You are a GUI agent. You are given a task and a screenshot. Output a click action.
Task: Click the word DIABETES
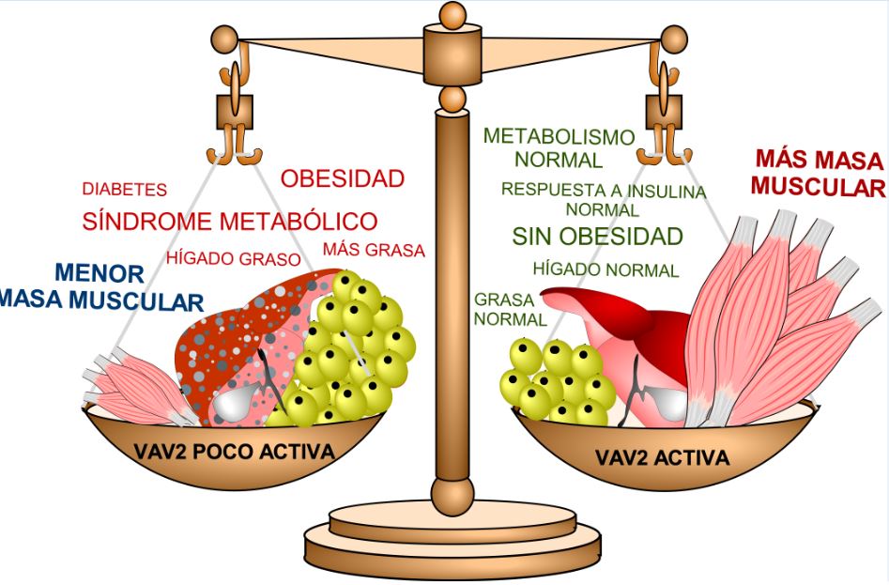click(124, 190)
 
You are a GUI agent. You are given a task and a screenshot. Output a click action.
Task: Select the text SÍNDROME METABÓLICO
click(230, 223)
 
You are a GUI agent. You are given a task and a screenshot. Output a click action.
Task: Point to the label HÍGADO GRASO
click(234, 258)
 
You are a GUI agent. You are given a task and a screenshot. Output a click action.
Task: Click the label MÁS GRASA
click(374, 251)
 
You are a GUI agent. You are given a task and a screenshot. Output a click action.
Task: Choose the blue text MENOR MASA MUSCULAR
click(100, 287)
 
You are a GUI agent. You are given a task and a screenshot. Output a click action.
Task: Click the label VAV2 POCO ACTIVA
click(234, 453)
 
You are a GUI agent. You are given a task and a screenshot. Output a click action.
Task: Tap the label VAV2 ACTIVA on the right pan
click(662, 458)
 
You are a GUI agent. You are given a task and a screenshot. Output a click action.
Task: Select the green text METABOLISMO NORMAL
click(559, 147)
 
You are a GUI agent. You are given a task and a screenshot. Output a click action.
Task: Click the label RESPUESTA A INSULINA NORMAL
click(603, 199)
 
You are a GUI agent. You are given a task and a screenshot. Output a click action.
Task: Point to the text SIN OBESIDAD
click(597, 236)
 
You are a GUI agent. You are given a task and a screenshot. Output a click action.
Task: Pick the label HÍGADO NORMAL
click(605, 270)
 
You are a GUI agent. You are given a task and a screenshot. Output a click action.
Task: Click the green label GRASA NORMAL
click(504, 309)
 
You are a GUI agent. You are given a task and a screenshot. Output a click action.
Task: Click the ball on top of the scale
click(453, 13)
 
